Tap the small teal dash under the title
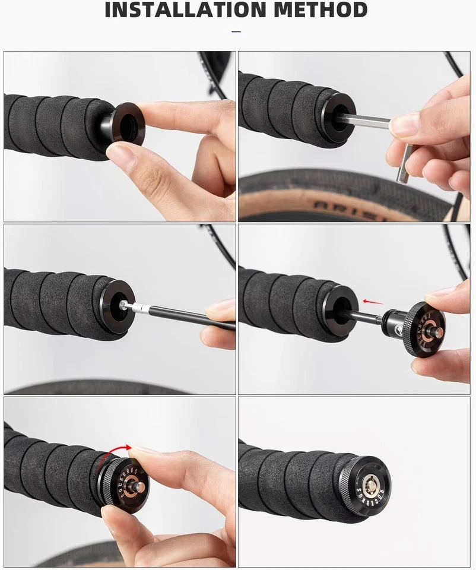coord(236,31)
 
